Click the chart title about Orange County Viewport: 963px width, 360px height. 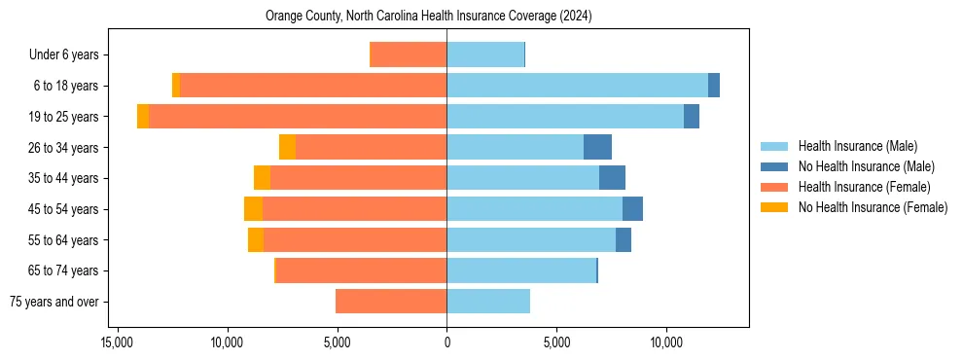pyautogui.click(x=428, y=17)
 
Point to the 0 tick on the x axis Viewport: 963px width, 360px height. pyautogui.click(x=446, y=342)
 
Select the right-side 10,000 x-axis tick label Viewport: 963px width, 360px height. pyautogui.click(x=666, y=342)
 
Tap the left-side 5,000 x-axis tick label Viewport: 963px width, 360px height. pyautogui.click(x=337, y=342)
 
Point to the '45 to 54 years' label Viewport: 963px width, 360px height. pyautogui.click(x=63, y=209)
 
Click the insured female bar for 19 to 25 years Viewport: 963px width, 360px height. pyautogui.click(x=298, y=117)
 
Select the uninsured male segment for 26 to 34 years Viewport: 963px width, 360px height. pyautogui.click(x=597, y=147)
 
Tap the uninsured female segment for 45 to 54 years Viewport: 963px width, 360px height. pyautogui.click(x=253, y=209)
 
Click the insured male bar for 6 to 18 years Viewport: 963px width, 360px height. pyautogui.click(x=577, y=86)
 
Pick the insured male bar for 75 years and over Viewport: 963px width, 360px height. pyautogui.click(x=488, y=302)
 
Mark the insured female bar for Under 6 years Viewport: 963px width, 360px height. pyautogui.click(x=409, y=54)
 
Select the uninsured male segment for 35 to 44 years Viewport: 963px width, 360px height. pyautogui.click(x=612, y=178)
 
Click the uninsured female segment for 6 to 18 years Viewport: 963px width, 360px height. pyautogui.click(x=176, y=86)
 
